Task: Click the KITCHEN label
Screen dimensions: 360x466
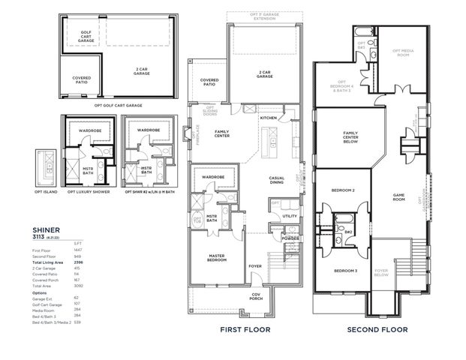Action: pyautogui.click(x=269, y=118)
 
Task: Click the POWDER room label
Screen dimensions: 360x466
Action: pyautogui.click(x=290, y=239)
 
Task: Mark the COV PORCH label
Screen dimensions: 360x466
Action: pyautogui.click(x=257, y=297)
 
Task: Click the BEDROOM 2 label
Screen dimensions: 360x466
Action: pyautogui.click(x=343, y=190)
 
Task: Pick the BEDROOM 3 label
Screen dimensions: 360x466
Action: pyautogui.click(x=344, y=270)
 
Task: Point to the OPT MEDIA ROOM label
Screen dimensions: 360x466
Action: pyautogui.click(x=403, y=52)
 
